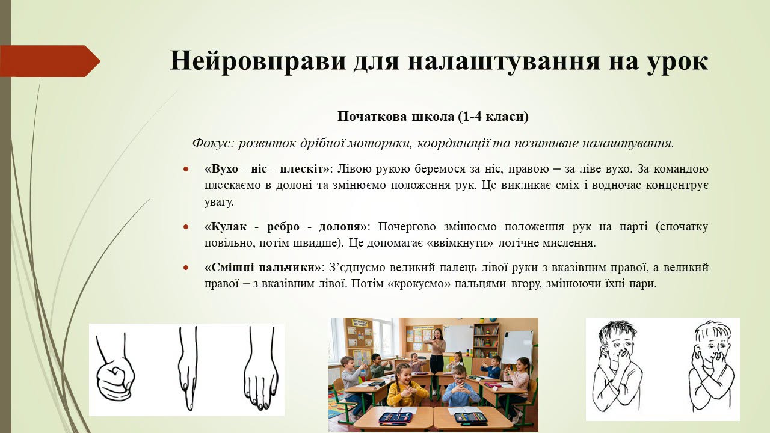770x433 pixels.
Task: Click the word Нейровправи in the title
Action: click(x=258, y=61)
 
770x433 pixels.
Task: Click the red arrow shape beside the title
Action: click(x=50, y=61)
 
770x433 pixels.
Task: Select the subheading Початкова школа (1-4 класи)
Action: click(x=433, y=117)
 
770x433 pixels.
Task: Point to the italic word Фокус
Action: click(x=213, y=143)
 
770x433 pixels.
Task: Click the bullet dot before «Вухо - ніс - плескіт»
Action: click(x=186, y=170)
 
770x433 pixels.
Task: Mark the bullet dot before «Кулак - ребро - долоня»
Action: click(x=186, y=227)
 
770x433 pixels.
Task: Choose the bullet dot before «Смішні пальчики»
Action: click(x=186, y=268)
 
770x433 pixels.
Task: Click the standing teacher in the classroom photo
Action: click(x=436, y=357)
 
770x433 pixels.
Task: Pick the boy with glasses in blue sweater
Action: click(x=461, y=385)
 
